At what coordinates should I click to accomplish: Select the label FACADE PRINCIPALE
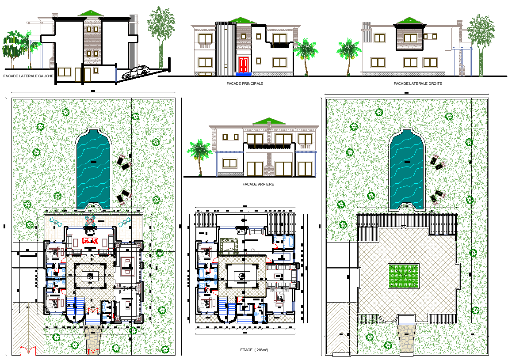coord(238,83)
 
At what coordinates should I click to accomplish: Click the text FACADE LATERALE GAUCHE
coord(28,76)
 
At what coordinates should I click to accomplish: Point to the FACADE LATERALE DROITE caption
coord(418,83)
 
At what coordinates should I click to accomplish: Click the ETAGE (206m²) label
coord(254,350)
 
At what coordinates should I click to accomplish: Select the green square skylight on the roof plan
coord(403,276)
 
